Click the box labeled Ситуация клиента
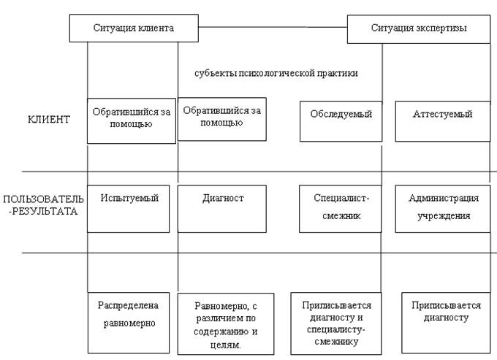click(133, 28)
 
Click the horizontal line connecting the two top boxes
click(272, 28)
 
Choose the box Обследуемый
click(341, 120)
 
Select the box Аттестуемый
click(442, 120)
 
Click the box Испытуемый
click(132, 208)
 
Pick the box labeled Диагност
click(222, 208)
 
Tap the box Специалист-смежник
click(341, 208)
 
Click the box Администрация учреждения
click(442, 208)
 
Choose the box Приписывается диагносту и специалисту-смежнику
click(337, 322)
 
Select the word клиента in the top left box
click(156, 28)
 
